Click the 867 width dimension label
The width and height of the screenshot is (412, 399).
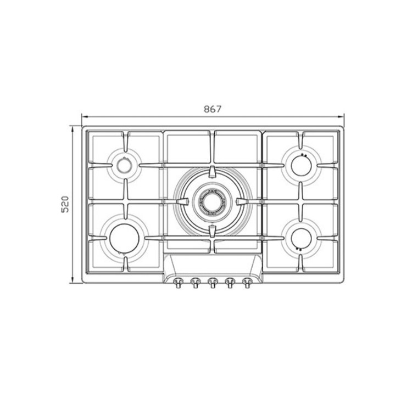[x=213, y=109]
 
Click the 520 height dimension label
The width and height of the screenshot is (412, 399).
[x=65, y=204]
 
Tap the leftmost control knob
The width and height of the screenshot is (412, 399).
[x=177, y=283]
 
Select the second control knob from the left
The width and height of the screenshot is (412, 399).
[x=195, y=283]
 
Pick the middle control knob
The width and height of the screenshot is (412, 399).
[x=212, y=283]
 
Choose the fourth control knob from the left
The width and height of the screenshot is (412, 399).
[x=230, y=283]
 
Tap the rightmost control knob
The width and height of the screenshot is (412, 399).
[x=247, y=283]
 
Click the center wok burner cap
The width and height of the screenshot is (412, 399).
[x=212, y=202]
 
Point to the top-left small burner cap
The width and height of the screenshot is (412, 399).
[x=124, y=165]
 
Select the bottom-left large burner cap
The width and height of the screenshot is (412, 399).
[x=124, y=238]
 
